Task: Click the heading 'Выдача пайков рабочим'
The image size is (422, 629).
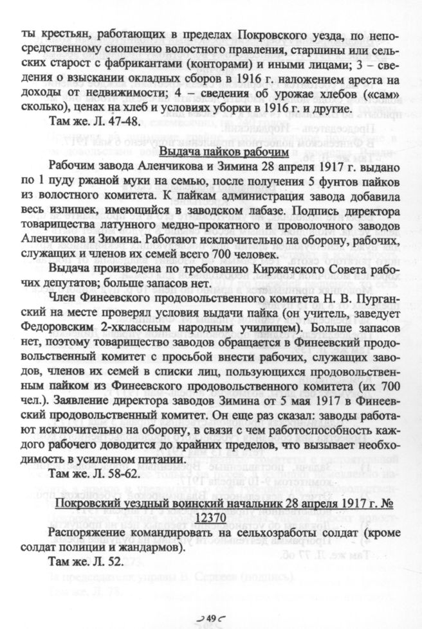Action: click(x=219, y=153)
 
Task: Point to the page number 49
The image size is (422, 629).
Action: click(x=210, y=617)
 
